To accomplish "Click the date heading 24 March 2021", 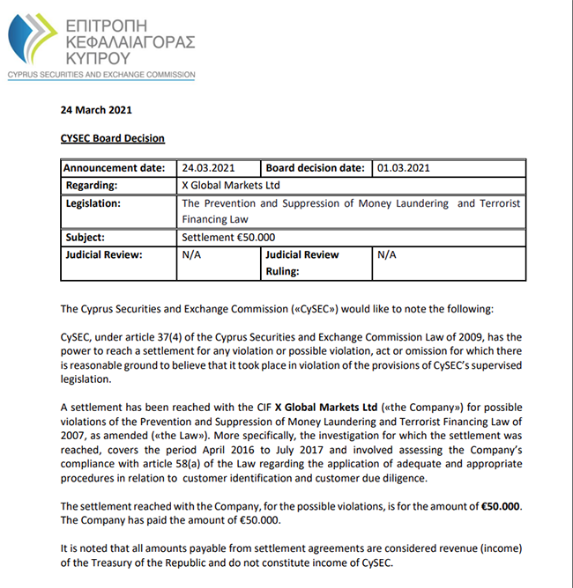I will pyautogui.click(x=98, y=111).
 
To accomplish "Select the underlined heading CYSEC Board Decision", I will pyautogui.click(x=112, y=138).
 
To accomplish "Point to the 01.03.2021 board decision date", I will pyautogui.click(x=404, y=167).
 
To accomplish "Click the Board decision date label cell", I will pyautogui.click(x=316, y=167).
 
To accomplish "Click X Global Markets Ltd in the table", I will pyautogui.click(x=230, y=185).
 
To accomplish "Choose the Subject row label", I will pyautogui.click(x=86, y=237).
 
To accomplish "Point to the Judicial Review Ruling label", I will pyautogui.click(x=302, y=263).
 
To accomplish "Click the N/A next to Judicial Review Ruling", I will pyautogui.click(x=387, y=254).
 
